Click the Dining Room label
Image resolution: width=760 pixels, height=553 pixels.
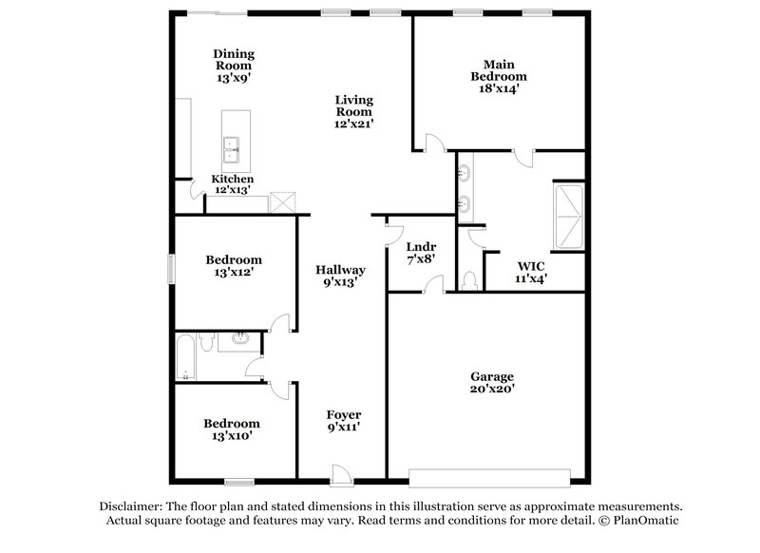[234, 61]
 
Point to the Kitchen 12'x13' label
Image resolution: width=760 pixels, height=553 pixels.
[232, 184]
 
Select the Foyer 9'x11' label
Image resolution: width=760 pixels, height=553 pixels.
[343, 421]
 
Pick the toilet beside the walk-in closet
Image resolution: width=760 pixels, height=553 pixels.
[472, 281]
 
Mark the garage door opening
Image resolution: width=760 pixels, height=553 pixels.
[489, 475]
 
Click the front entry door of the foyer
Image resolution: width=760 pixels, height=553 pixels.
[339, 472]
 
